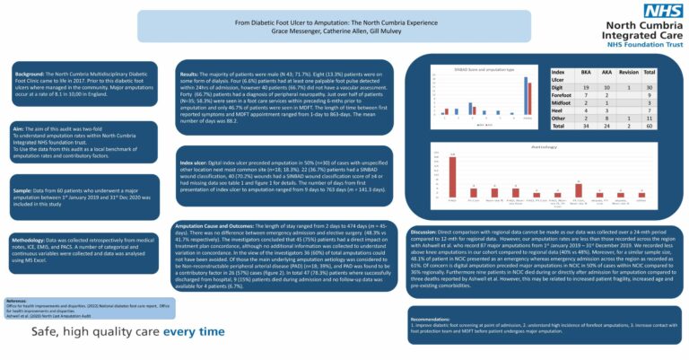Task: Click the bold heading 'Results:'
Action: click(x=190, y=74)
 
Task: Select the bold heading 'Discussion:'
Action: click(x=427, y=232)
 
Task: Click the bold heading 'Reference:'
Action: click(x=17, y=301)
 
